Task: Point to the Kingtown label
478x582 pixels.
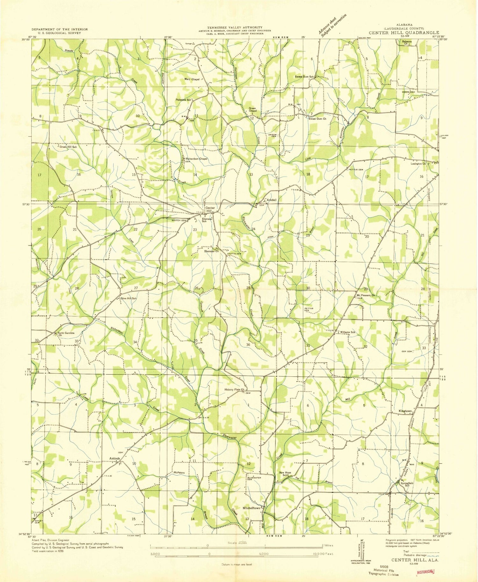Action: coord(406,411)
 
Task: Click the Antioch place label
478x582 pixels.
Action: coord(115,459)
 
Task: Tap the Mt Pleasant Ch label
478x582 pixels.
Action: coord(366,295)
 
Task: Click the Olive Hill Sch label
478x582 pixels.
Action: coord(128,298)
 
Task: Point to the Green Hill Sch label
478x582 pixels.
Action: coord(68,147)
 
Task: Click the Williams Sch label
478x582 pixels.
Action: coord(347,332)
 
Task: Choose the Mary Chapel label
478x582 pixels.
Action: coord(192,79)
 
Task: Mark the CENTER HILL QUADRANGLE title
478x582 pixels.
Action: coord(404,33)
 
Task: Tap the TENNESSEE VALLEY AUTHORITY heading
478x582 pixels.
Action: coord(235,28)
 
